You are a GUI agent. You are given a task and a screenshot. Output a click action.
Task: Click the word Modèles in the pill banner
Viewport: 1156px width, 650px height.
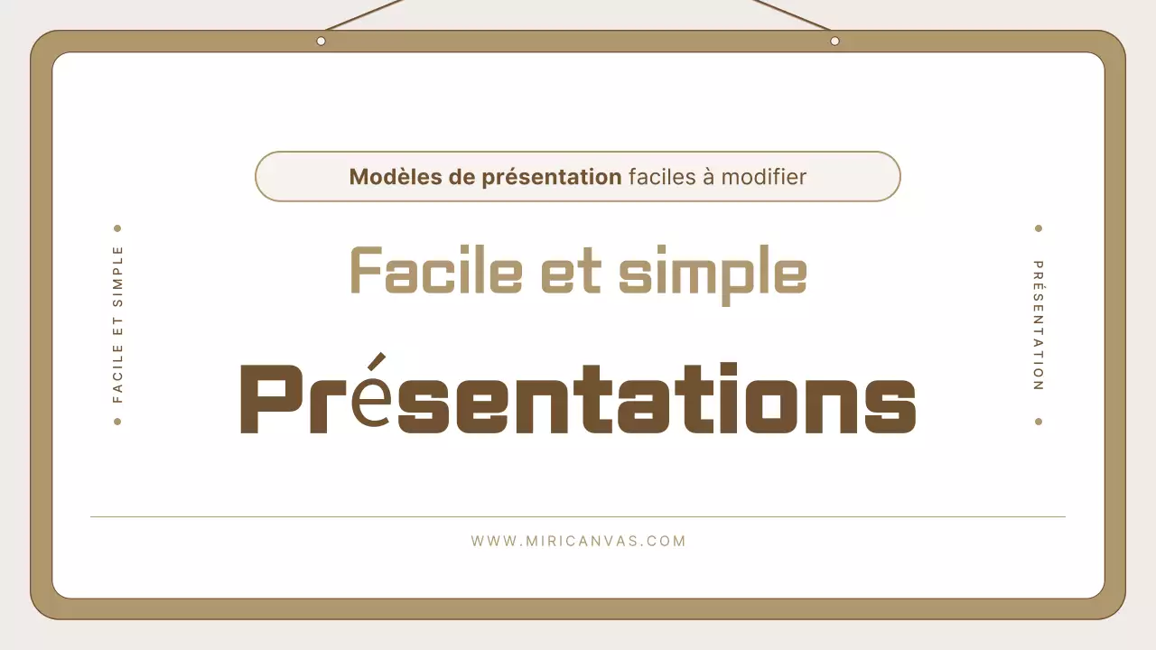pos(393,177)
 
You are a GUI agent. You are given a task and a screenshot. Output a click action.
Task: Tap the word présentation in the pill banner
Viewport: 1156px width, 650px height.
pos(551,177)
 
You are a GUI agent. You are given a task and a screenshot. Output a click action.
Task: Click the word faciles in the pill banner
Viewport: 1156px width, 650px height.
pos(663,177)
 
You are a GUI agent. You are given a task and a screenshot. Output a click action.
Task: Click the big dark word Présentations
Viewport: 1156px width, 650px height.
pos(578,398)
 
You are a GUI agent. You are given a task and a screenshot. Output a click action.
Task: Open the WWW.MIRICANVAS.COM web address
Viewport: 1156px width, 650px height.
pos(578,542)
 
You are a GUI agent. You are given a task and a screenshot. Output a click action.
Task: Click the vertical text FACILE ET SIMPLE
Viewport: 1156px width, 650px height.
pos(117,324)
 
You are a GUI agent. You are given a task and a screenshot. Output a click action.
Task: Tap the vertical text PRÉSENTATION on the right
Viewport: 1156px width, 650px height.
pos(1039,325)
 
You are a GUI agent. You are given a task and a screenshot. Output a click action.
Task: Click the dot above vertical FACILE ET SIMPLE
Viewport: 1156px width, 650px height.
pos(117,228)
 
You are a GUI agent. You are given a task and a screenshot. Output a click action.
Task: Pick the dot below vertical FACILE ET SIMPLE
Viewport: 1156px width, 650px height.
pos(117,422)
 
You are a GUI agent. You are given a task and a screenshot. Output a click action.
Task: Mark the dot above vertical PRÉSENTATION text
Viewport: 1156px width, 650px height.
pos(1039,228)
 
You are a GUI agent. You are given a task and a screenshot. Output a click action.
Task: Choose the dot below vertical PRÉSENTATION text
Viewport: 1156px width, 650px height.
pos(1039,422)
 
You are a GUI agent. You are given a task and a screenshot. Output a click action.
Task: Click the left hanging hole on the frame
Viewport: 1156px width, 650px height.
pos(321,41)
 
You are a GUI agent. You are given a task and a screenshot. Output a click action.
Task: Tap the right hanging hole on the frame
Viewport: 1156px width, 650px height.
pos(834,41)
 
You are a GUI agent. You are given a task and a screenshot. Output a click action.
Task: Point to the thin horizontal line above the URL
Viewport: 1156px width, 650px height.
pos(578,517)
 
